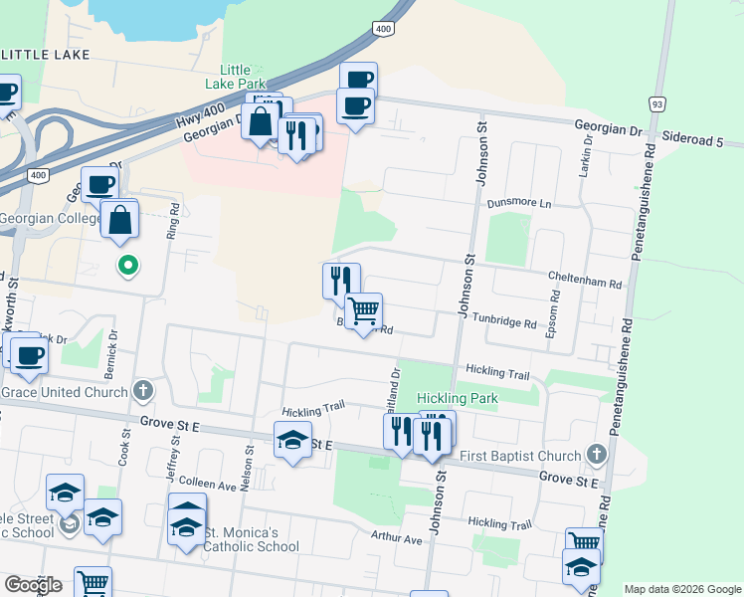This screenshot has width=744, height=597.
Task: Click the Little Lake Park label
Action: tap(236, 78)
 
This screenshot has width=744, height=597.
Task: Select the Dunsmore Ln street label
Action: tap(518, 203)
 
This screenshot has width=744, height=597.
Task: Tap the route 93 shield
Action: tap(656, 103)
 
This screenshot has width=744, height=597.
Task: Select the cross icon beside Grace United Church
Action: tap(144, 391)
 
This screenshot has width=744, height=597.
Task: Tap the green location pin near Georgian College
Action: tap(127, 266)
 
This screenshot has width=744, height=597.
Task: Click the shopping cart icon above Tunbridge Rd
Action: tap(363, 312)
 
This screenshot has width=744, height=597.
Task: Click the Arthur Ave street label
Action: tap(396, 539)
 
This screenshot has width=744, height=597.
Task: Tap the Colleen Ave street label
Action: tap(209, 484)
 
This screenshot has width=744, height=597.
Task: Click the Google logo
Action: tap(33, 585)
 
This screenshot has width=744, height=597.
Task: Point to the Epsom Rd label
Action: tap(553, 314)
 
